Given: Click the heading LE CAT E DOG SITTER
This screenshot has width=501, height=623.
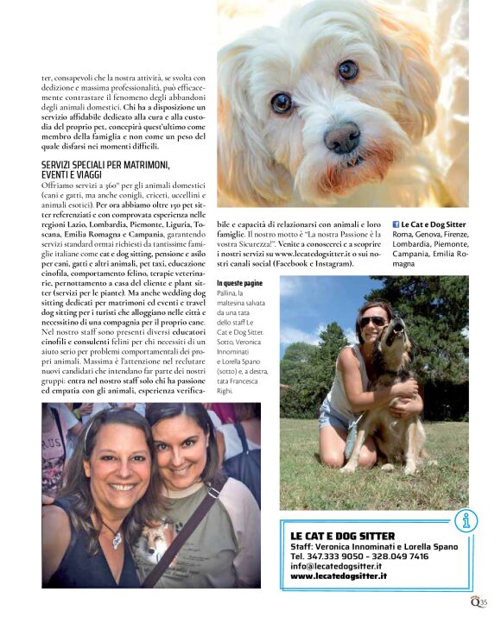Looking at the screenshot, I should pos(342,536).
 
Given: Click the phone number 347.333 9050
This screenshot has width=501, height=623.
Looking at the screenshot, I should pos(337,557).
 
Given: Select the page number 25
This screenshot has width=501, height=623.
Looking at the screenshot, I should pos(484,603).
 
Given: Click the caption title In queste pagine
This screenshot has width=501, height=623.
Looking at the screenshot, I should pos(241,283).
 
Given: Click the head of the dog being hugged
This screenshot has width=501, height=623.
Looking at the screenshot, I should pos(399,336).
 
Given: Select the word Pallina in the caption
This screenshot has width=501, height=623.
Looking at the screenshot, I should pos(230,293).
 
